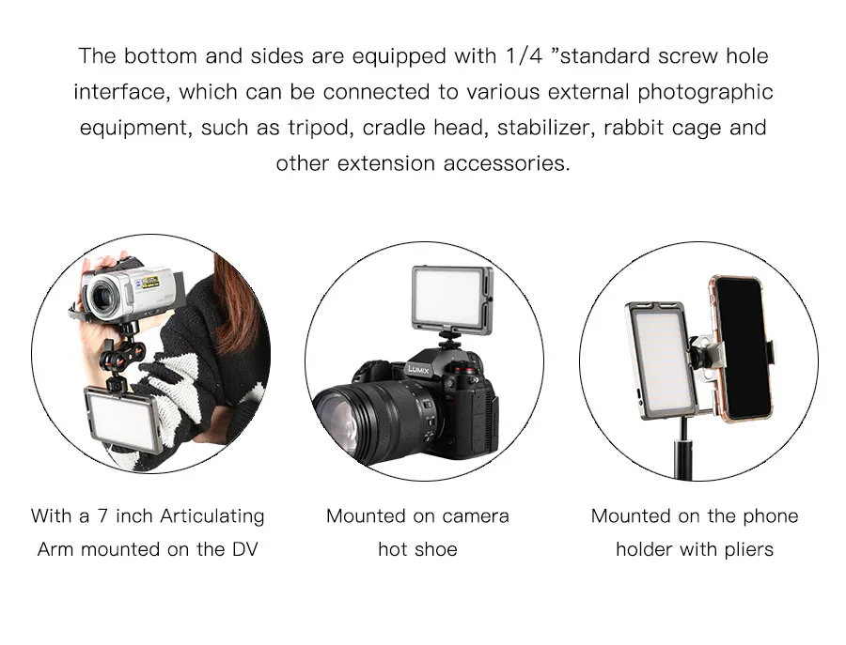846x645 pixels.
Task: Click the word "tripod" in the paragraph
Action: pyautogui.click(x=320, y=128)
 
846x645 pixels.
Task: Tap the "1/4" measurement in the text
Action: pyautogui.click(x=524, y=55)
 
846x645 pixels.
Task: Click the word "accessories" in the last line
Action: pyautogui.click(x=508, y=163)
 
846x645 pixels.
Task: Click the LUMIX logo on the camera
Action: pyautogui.click(x=418, y=369)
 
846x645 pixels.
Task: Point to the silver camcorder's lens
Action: pyautogui.click(x=101, y=298)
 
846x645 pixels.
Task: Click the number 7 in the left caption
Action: pyautogui.click(x=102, y=515)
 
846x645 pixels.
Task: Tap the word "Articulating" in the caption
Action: pyautogui.click(x=212, y=516)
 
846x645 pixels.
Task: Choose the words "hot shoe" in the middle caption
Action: pyautogui.click(x=417, y=549)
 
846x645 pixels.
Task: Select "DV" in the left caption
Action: pyautogui.click(x=245, y=549)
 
